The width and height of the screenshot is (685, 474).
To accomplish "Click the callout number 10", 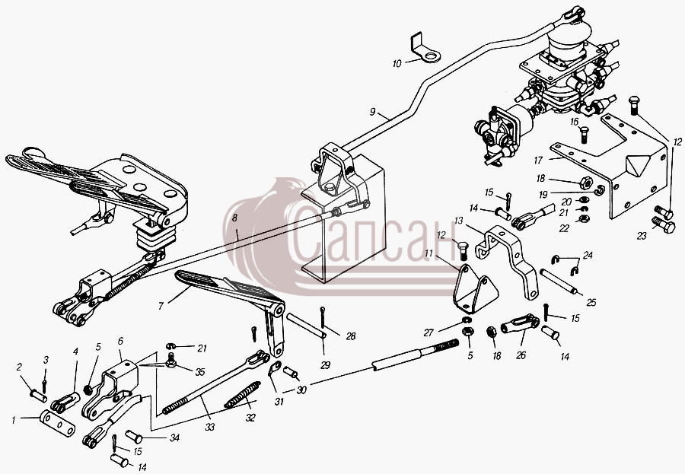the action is point(397,64).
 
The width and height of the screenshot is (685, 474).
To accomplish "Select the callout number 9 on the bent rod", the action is point(372,113).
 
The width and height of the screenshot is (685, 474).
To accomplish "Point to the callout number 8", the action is point(235,218).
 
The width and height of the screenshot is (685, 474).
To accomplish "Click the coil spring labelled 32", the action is point(243,394).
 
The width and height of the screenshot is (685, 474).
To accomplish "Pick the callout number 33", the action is point(210,427).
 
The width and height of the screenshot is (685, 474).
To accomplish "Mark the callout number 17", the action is point(538,161).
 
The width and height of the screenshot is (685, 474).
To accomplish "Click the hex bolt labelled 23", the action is point(664,225).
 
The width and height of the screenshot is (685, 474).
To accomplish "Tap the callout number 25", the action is point(591,303).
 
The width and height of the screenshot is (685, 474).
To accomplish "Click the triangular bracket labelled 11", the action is point(475,288).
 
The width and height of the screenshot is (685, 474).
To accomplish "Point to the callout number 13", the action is point(458,221).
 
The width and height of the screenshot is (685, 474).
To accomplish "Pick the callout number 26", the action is point(521,355).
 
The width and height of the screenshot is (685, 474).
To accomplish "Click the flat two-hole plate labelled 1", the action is point(57,423).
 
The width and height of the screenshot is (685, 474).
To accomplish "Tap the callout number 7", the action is point(161,307).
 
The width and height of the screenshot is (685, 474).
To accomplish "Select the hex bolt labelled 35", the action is point(171,361).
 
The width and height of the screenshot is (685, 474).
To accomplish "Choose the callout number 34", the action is point(174,437).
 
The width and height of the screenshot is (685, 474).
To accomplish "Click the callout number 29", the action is point(325,365).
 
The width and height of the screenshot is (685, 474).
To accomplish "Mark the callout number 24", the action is point(588,255).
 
